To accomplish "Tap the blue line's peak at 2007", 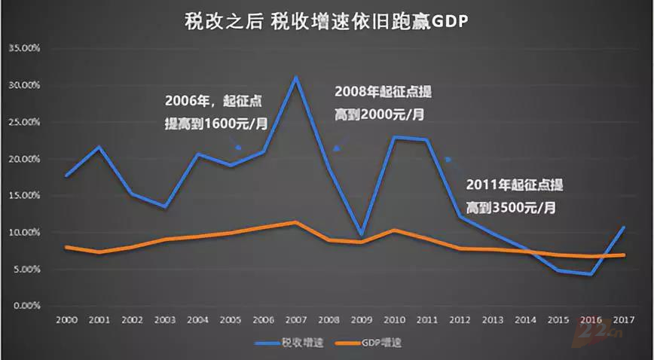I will pos(296,77).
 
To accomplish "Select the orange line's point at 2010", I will pos(394,230).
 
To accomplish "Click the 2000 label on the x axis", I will pos(66,319).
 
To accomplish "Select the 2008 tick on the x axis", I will pos(329,319).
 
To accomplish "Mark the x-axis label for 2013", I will pos(493,319).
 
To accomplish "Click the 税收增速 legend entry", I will pos(288,343).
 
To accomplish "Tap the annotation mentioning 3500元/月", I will pos(512,195).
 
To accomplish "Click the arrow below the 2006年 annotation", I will pos(238,147).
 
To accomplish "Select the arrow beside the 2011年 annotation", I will pos(448,159).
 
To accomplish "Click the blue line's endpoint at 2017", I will pos(624,227).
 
